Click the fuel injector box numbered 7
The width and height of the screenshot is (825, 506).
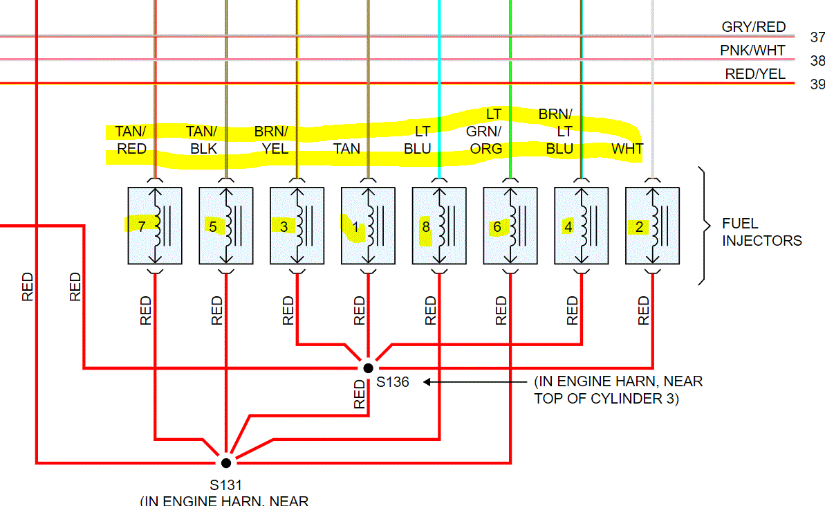(x=155, y=226)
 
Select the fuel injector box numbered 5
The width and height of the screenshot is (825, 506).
(x=226, y=226)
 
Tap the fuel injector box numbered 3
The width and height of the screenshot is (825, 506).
(x=297, y=226)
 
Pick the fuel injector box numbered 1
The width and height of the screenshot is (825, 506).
(x=369, y=226)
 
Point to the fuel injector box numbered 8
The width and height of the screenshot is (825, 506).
(x=439, y=226)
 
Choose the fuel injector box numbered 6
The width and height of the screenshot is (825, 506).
(x=510, y=226)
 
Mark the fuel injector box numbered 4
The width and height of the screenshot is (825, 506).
(x=582, y=226)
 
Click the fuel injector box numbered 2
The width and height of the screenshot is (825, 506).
(x=653, y=226)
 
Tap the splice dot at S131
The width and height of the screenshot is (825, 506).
(x=225, y=462)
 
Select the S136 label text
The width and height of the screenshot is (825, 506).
(x=392, y=382)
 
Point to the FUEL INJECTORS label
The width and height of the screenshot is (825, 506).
(x=761, y=233)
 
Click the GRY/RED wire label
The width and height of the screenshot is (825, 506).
(x=754, y=27)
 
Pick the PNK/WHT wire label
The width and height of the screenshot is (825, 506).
(x=752, y=51)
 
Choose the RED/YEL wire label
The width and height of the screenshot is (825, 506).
(x=755, y=74)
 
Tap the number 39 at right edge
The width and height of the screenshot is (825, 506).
(x=817, y=84)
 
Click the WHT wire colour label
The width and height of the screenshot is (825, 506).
(x=627, y=149)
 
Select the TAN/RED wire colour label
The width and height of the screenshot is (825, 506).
(x=131, y=140)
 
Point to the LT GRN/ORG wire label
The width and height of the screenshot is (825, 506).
(x=484, y=131)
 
